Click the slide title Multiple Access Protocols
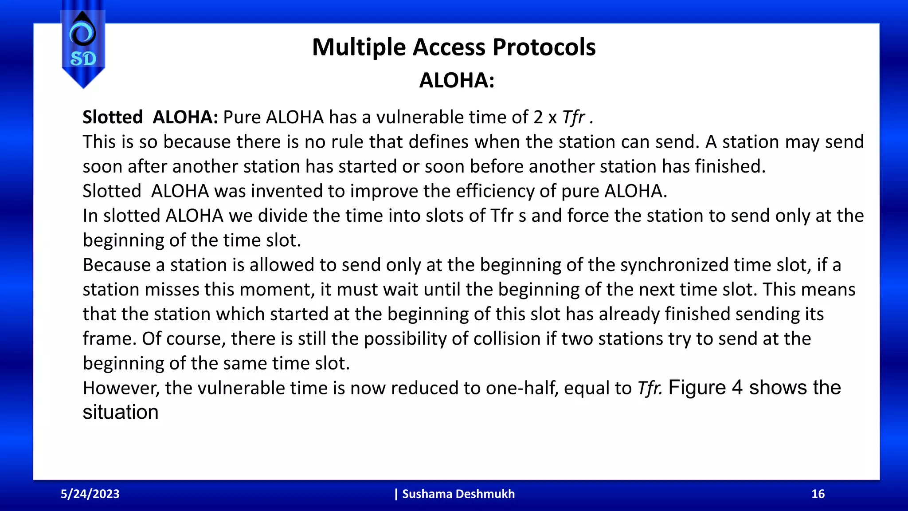[x=454, y=47]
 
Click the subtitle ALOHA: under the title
[x=457, y=81]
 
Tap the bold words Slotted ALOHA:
[x=150, y=117]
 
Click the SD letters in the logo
[x=83, y=59]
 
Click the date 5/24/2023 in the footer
[x=90, y=494]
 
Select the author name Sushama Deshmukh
[x=458, y=494]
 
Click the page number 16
[x=818, y=494]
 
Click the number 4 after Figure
[x=737, y=387]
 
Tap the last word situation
[x=121, y=412]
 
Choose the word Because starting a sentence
[x=117, y=265]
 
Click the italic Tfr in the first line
[x=574, y=117]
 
